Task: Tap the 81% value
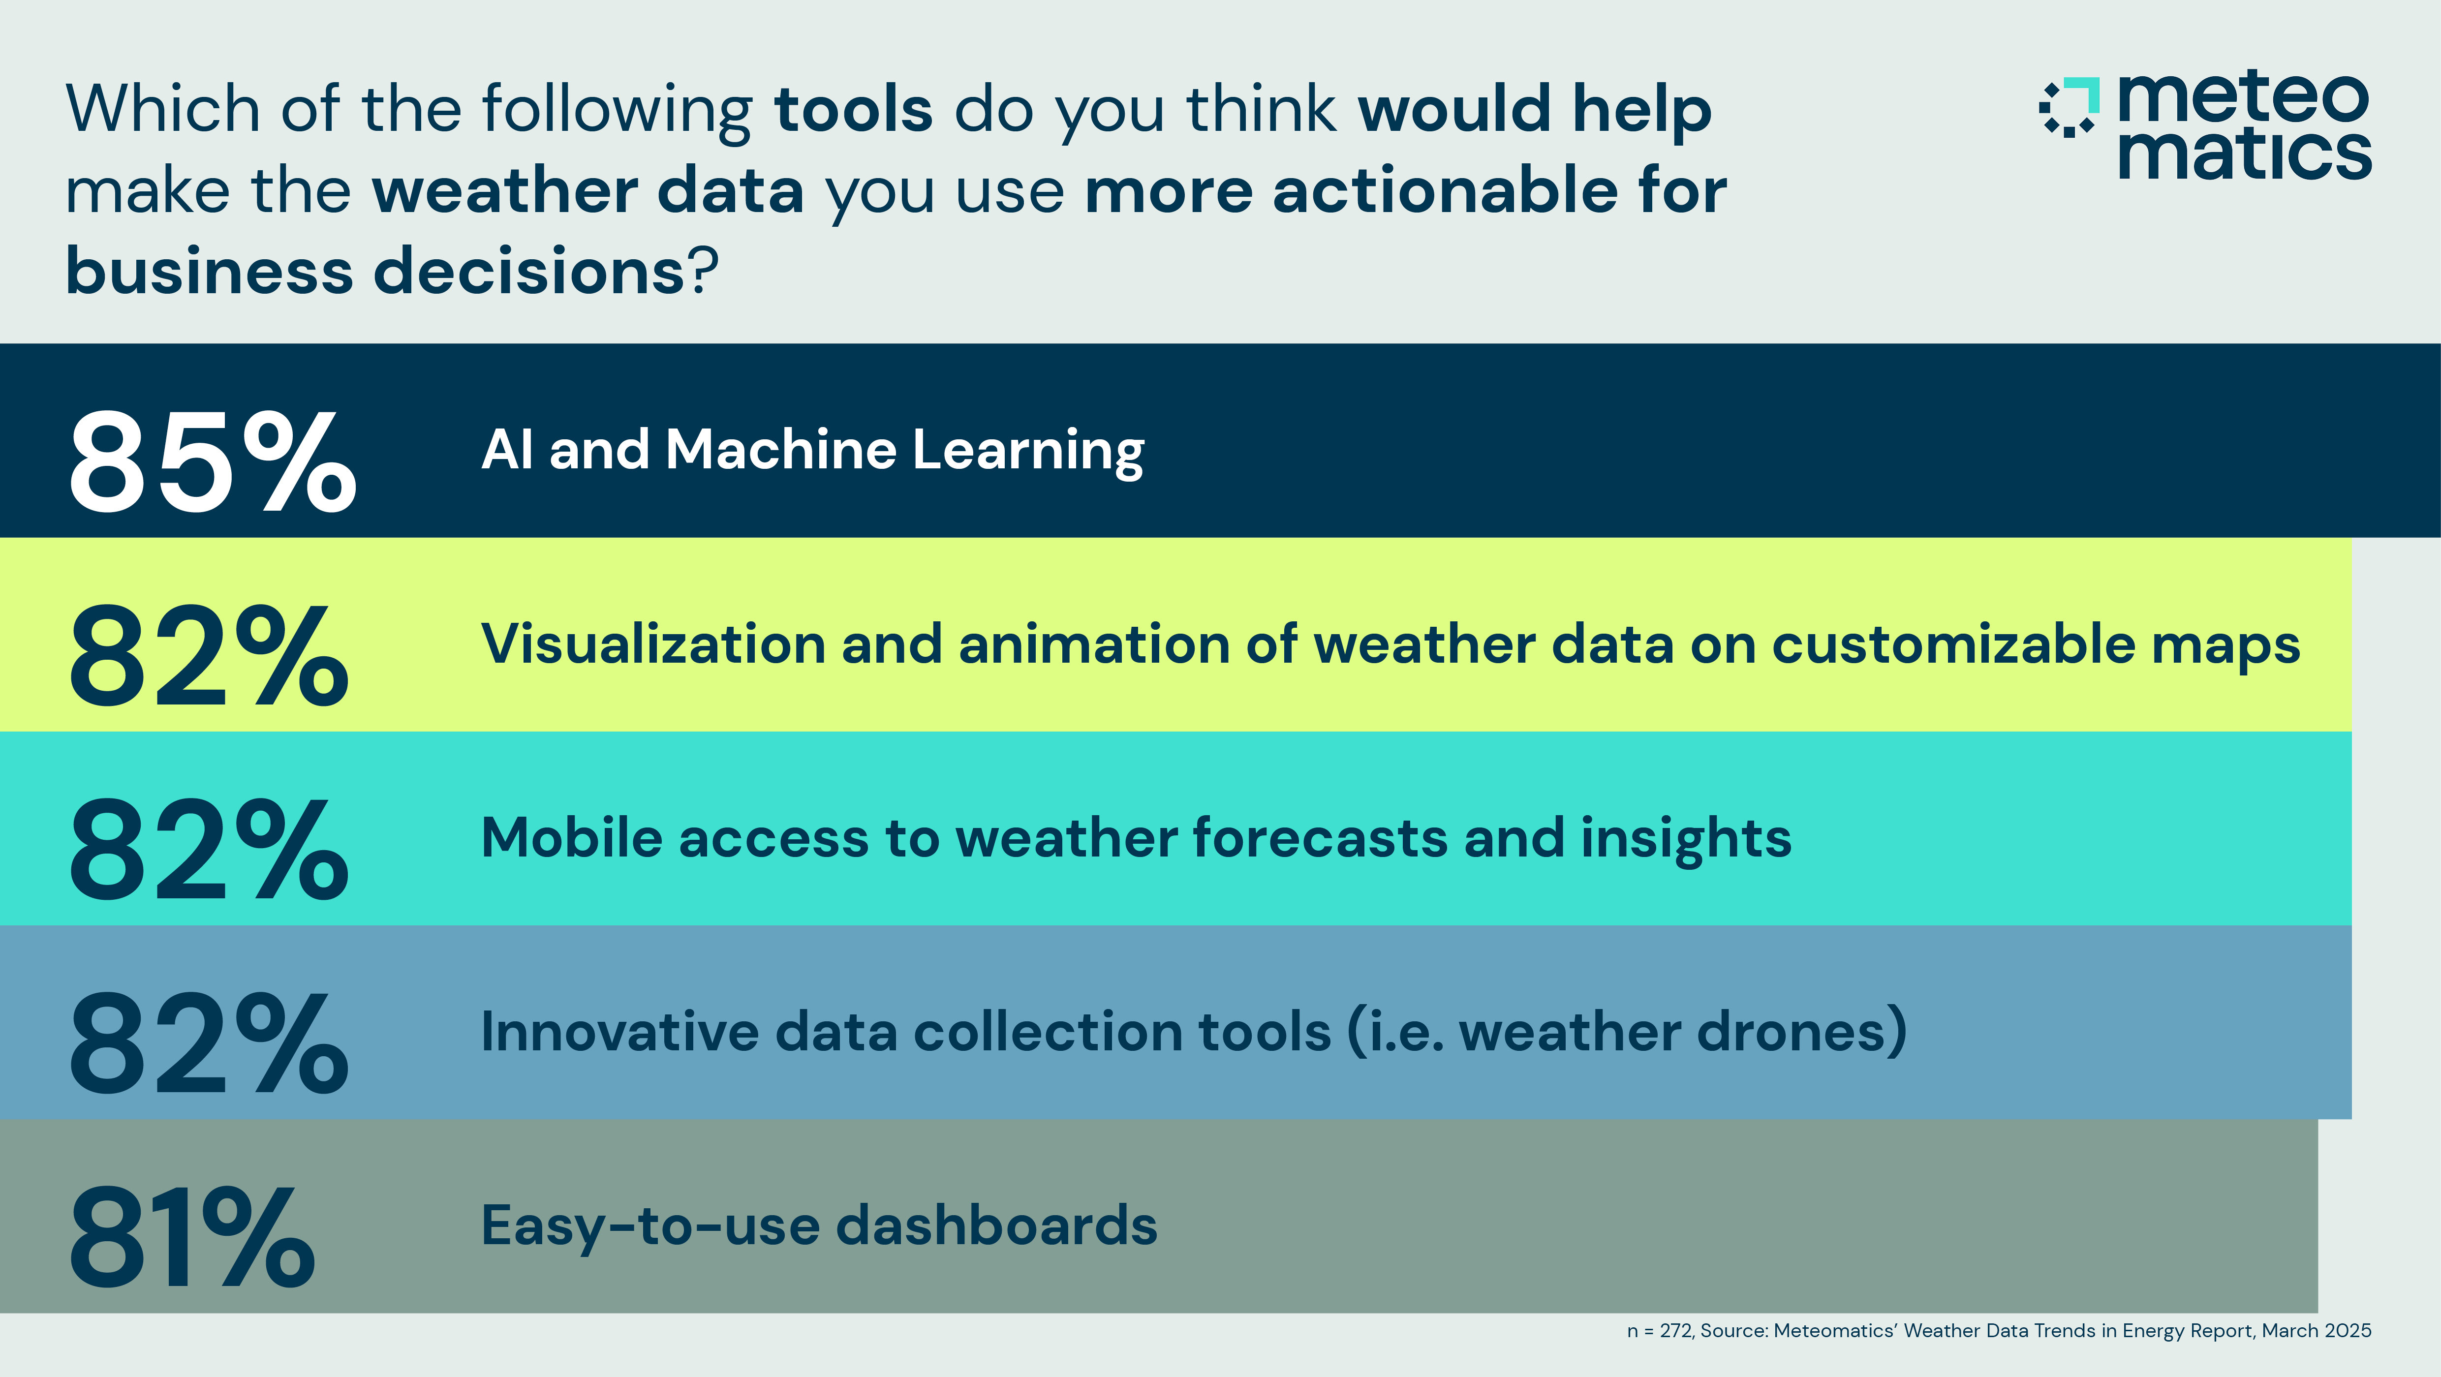tap(191, 1237)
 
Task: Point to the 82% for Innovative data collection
tap(209, 1042)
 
